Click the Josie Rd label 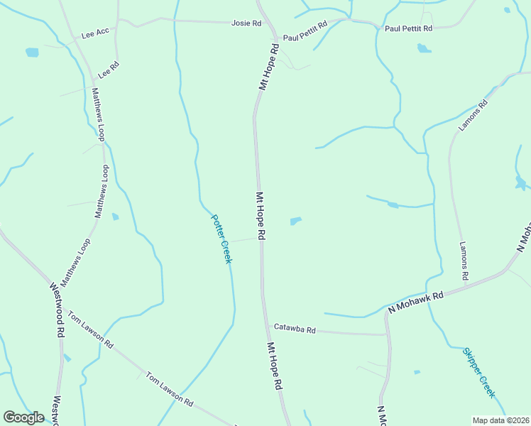pos(246,23)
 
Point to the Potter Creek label pos(221,240)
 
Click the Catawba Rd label pos(295,329)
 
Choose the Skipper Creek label pos(478,373)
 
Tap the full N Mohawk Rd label pos(415,302)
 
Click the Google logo pos(23,417)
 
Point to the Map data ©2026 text pos(500,420)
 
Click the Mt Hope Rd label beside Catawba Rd pos(275,366)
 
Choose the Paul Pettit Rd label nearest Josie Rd pos(305,31)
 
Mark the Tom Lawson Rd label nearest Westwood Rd pos(90,329)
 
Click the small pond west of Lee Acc pos(32,53)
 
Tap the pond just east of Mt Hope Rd pos(296,221)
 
